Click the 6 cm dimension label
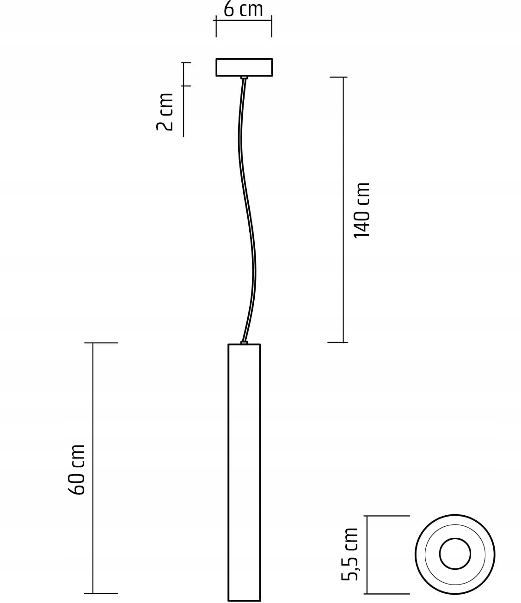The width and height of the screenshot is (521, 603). pyautogui.click(x=243, y=9)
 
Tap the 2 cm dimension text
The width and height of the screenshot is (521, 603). pyautogui.click(x=165, y=112)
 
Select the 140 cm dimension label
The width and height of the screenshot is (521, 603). pyautogui.click(x=362, y=210)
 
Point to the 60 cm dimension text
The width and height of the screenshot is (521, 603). pyautogui.click(x=77, y=469)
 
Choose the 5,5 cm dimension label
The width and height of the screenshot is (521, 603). pyautogui.click(x=350, y=554)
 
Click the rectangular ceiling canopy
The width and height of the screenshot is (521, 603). pyautogui.click(x=244, y=67)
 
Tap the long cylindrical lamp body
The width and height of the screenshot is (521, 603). pyautogui.click(x=244, y=471)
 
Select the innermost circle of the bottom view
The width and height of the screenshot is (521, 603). pyautogui.click(x=455, y=554)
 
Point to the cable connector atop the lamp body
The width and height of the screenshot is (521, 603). pyautogui.click(x=244, y=342)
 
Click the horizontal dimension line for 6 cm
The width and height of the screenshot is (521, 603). pyautogui.click(x=244, y=20)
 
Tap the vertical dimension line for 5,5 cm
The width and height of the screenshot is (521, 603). pyautogui.click(x=367, y=554)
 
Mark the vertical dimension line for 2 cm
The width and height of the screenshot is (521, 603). pyautogui.click(x=184, y=99)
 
